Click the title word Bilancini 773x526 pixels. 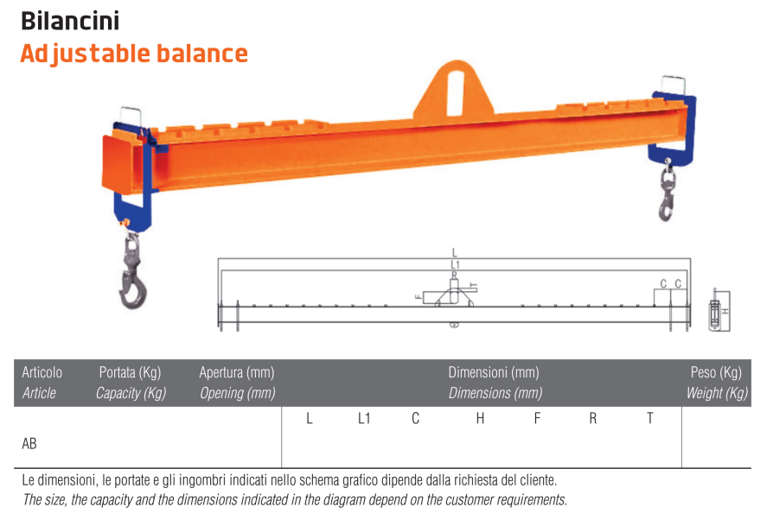click(x=70, y=20)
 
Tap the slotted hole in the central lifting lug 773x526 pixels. click(x=456, y=87)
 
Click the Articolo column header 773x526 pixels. click(x=42, y=373)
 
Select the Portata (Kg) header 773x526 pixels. click(x=130, y=373)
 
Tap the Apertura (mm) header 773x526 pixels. click(x=236, y=373)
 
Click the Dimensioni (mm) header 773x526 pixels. click(x=493, y=373)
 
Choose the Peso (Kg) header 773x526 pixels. click(x=716, y=373)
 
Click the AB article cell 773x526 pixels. click(x=29, y=443)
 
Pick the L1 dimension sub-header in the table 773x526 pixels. click(x=364, y=419)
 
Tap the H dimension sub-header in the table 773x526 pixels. click(x=480, y=419)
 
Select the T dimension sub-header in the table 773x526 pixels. click(x=650, y=419)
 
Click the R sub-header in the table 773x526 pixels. click(x=593, y=419)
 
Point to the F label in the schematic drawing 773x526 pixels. click(x=418, y=296)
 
